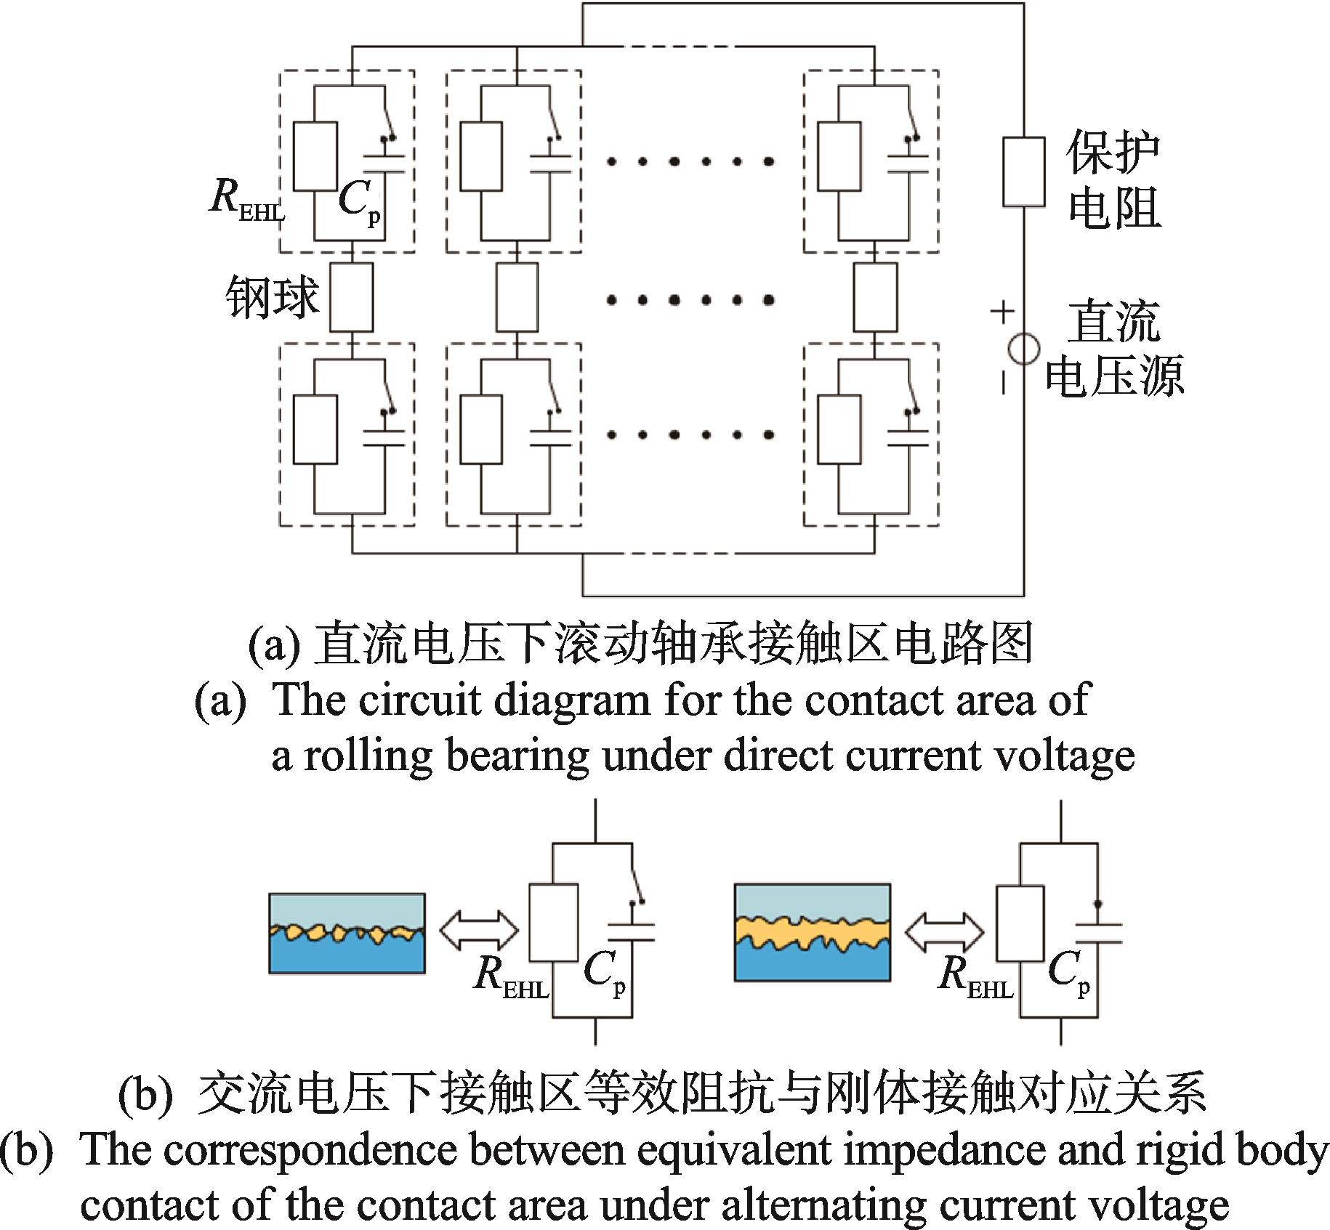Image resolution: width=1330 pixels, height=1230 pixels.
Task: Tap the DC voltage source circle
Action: point(1024,349)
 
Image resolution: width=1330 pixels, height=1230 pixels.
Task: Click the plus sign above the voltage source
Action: point(1002,312)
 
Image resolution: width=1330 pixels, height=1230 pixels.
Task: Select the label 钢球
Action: point(273,297)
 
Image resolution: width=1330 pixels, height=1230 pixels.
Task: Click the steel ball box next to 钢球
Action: point(352,297)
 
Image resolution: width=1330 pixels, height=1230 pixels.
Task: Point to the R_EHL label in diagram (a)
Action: point(246,197)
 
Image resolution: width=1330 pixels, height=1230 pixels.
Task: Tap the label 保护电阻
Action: point(1114,179)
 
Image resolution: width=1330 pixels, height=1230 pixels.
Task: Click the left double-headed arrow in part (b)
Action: point(479,931)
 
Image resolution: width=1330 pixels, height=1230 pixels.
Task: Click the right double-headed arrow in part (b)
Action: point(944,931)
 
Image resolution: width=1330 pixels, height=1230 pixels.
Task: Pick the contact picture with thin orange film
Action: point(347,933)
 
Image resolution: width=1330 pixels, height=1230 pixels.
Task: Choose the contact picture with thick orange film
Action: point(813,932)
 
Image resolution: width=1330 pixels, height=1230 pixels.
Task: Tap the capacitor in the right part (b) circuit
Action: point(1097,933)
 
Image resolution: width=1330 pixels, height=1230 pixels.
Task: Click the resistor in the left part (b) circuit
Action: point(554,923)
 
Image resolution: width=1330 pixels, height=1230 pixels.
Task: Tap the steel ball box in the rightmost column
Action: point(875,297)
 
